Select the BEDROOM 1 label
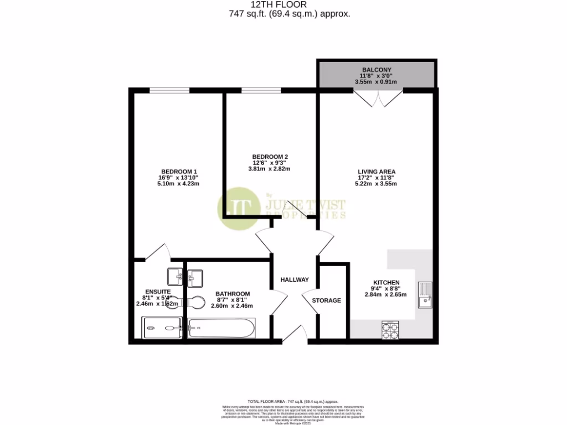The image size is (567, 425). (x=179, y=171)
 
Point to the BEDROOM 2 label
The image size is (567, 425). (x=270, y=156)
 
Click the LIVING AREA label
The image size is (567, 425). (x=376, y=172)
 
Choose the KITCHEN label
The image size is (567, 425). (x=385, y=282)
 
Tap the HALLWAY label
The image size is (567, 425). (x=294, y=279)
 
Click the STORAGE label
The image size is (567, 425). (x=326, y=300)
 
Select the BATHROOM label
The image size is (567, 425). (x=233, y=294)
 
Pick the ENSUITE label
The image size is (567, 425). (x=158, y=292)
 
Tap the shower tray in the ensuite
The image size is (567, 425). (x=162, y=329)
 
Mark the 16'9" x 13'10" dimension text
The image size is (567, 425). (x=179, y=178)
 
